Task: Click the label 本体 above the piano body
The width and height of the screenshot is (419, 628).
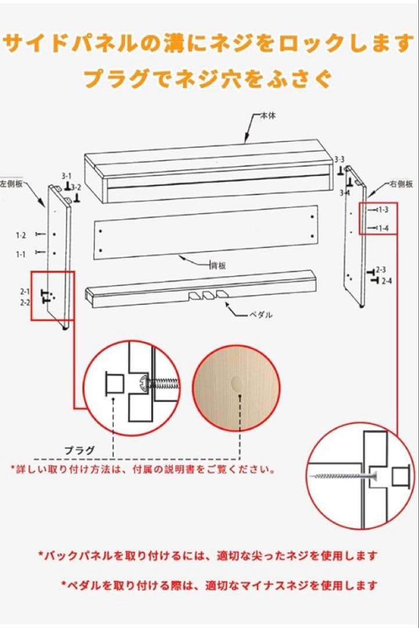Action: [268, 116]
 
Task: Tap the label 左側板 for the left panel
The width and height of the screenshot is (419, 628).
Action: [11, 184]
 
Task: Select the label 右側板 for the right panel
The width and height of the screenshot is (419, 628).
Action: [401, 184]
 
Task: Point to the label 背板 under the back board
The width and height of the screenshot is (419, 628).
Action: [219, 266]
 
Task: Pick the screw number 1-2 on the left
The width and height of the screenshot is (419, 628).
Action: [21, 235]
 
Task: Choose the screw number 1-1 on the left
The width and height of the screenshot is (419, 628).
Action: [21, 254]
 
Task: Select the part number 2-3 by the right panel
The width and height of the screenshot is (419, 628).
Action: [381, 270]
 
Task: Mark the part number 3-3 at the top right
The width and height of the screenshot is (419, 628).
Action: [339, 159]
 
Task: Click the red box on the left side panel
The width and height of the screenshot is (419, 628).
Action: [52, 296]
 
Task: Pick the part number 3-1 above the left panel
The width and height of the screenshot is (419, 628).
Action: [66, 176]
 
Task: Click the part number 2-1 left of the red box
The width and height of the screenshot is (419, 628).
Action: [25, 291]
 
